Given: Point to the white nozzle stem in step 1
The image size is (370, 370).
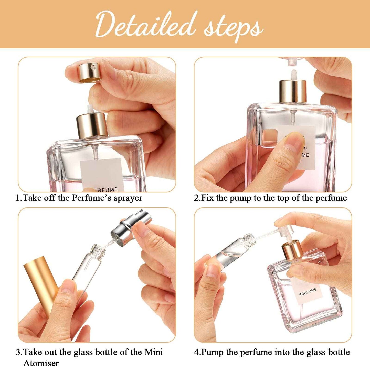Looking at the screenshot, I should tap(90, 109).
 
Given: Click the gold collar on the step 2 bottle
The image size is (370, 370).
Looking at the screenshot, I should tap(293, 91).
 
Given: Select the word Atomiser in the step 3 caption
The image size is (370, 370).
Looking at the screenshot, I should tap(41, 363).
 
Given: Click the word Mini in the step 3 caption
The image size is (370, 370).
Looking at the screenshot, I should tap(154, 352).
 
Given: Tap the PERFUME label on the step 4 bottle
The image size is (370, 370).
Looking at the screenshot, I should tap(308, 292).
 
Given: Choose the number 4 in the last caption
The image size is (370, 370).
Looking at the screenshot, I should tap(196, 352).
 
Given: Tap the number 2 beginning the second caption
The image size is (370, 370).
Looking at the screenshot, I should tap(196, 198).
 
